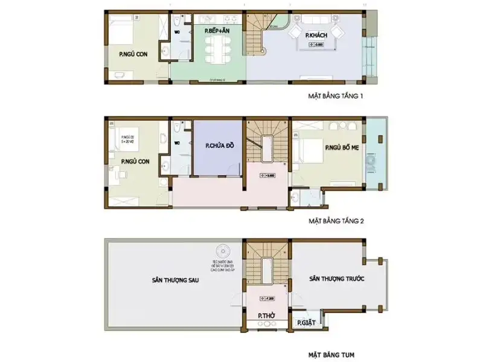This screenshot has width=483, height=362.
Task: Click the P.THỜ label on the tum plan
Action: [266, 316]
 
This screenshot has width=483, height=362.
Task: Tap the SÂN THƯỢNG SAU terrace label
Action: [174, 280]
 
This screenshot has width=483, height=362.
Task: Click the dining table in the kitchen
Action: [216, 48]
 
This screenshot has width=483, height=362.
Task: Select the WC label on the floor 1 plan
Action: [178, 32]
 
